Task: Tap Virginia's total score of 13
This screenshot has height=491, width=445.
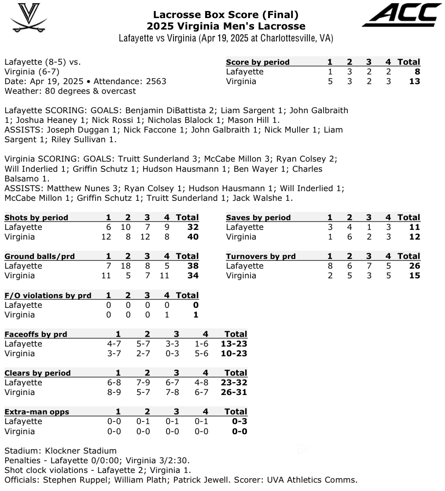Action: (414, 81)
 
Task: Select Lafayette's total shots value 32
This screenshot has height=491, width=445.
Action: (192, 227)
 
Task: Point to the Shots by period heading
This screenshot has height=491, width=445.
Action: (37, 218)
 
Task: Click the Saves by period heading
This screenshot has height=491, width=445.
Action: (258, 218)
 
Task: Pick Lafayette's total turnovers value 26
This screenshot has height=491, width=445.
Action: (414, 266)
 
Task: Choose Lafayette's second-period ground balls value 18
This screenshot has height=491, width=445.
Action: (128, 266)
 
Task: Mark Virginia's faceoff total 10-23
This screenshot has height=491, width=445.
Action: (235, 353)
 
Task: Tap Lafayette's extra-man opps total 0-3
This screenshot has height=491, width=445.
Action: (239, 421)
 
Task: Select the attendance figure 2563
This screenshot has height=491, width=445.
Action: (157, 81)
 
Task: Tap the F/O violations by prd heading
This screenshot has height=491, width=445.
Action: (48, 295)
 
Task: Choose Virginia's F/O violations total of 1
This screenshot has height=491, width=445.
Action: (196, 315)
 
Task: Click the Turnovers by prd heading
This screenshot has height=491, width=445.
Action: (261, 256)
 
